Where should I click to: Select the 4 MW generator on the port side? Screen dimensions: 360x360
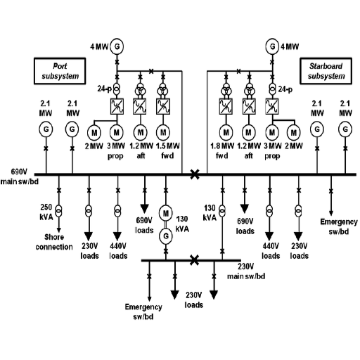(117, 46)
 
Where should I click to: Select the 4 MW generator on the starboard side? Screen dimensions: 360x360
(272, 46)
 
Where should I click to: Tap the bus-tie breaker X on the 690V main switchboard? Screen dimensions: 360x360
(195, 174)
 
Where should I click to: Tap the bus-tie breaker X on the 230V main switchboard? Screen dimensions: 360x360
(194, 260)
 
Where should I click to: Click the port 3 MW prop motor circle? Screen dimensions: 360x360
(117, 133)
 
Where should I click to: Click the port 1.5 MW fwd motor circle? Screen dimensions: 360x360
(163, 133)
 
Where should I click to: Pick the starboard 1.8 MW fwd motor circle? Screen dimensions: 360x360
(226, 133)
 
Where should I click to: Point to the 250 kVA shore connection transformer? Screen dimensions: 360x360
(58, 211)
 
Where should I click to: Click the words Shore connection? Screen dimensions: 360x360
(54, 242)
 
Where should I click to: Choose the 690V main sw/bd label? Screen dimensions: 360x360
(19, 176)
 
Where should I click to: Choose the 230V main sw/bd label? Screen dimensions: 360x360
(246, 271)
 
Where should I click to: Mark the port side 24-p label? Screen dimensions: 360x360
(105, 89)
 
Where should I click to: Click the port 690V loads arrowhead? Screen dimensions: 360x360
(145, 208)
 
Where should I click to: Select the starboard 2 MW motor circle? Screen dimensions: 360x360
(294, 133)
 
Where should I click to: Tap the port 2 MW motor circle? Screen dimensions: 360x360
(94, 133)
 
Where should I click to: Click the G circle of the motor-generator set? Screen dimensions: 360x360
(166, 236)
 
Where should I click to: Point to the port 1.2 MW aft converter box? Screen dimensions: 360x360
(140, 106)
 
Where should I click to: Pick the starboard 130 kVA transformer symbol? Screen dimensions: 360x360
(222, 211)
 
